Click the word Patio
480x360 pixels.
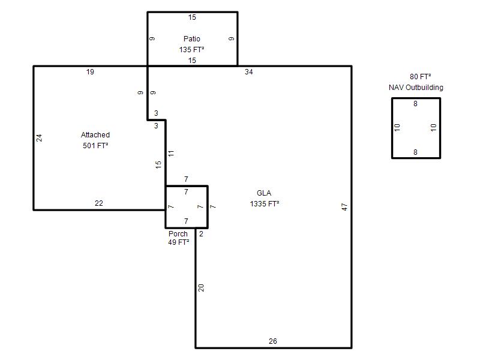click(x=192, y=39)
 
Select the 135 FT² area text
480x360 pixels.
click(x=191, y=50)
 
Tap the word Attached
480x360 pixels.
click(x=95, y=134)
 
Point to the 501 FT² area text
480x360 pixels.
click(x=95, y=146)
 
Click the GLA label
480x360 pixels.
click(x=264, y=193)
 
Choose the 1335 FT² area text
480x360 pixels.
click(x=265, y=204)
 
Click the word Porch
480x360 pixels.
click(x=178, y=234)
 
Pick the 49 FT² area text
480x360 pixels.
click(x=178, y=242)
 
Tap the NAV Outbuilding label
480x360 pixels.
click(x=416, y=88)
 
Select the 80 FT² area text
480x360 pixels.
click(x=421, y=77)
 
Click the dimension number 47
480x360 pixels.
click(x=344, y=207)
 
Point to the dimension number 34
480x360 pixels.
click(x=248, y=72)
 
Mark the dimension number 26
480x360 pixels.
click(x=273, y=341)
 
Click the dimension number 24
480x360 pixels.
click(x=39, y=138)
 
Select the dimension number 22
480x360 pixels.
click(x=99, y=203)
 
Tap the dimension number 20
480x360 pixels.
click(x=201, y=288)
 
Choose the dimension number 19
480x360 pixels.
click(x=90, y=72)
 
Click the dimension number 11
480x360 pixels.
click(x=171, y=153)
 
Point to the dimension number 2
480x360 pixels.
click(x=201, y=234)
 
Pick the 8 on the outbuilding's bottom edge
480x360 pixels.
click(x=415, y=152)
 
